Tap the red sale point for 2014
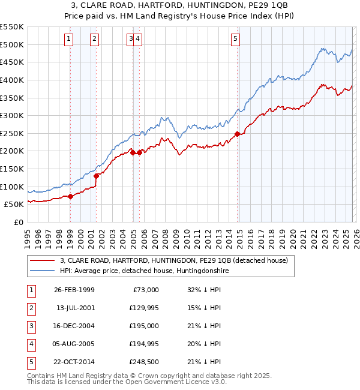[238, 134]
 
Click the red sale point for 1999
[71, 196]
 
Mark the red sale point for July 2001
[96, 176]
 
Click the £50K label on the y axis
[13, 204]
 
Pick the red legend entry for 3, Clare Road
[174, 260]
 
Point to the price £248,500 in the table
[142, 362]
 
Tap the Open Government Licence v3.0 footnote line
[127, 382]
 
